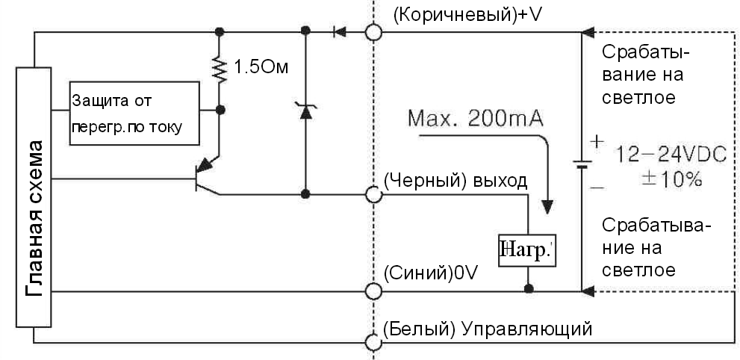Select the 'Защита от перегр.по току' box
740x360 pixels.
pos(134,112)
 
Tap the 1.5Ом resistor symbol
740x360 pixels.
pos(220,69)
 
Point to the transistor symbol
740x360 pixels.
pos(204,176)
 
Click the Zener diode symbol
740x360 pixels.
pos(305,113)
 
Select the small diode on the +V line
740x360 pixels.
pos(339,32)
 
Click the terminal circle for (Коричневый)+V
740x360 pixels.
pos(373,32)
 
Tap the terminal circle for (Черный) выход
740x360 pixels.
pos(373,195)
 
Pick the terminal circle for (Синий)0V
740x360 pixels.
pos(373,290)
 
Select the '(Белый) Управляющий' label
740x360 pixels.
pos(487,329)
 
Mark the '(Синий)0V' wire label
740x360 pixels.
pos(429,275)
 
